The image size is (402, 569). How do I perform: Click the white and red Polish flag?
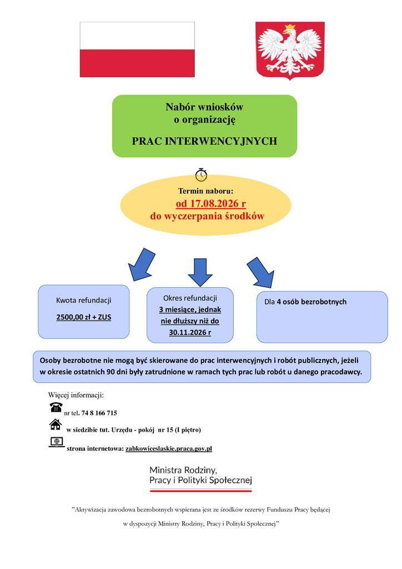click(x=137, y=49)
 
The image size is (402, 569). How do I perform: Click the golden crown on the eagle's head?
click(x=290, y=28)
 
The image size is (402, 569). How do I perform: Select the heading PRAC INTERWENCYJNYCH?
click(x=204, y=141)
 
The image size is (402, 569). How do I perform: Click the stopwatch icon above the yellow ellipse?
click(x=201, y=174)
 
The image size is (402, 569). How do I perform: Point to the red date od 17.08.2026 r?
click(x=211, y=203)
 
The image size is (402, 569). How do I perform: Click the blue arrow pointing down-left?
click(x=142, y=265)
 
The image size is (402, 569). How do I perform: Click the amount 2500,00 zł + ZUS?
click(x=84, y=317)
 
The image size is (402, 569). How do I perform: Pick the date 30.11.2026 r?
click(x=190, y=332)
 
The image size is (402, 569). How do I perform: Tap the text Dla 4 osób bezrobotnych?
click(x=305, y=302)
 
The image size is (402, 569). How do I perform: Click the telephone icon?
click(x=56, y=407)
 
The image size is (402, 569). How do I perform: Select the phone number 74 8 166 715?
click(x=99, y=413)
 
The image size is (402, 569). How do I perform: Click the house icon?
click(x=56, y=424)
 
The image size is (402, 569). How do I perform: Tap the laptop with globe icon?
click(x=57, y=442)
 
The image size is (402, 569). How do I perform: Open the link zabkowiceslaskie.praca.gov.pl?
click(x=169, y=448)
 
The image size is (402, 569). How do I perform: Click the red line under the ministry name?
click(x=201, y=491)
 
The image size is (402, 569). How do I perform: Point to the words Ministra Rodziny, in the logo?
click(x=183, y=470)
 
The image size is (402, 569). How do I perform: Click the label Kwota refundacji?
click(x=84, y=301)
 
